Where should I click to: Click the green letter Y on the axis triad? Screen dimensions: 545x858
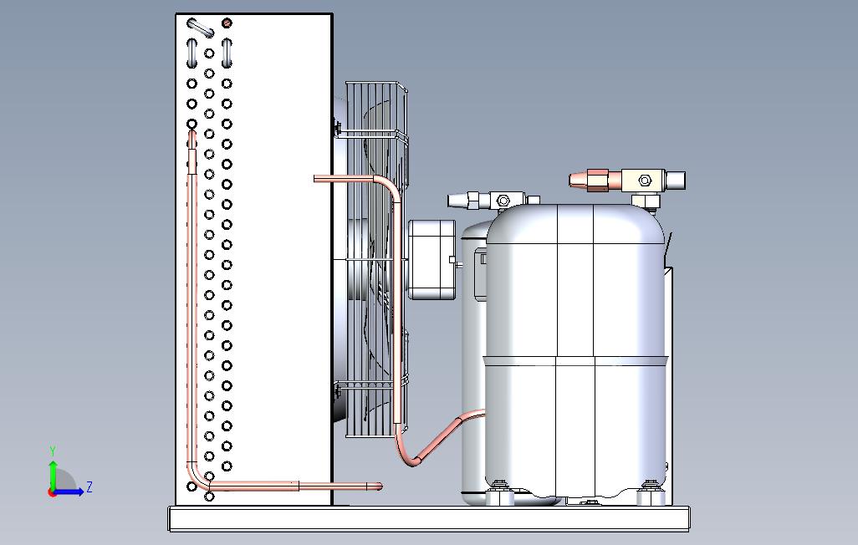point(53,451)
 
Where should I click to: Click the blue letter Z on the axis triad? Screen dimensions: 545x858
point(89,486)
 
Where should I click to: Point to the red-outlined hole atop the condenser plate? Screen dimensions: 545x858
point(227,23)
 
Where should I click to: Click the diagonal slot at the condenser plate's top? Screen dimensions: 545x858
point(200,28)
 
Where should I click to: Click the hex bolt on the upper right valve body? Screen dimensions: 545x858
point(645,181)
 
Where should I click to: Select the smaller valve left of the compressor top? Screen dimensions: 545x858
point(493,200)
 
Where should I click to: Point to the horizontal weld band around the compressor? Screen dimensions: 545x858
point(577,359)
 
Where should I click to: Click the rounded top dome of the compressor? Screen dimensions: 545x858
point(577,216)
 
